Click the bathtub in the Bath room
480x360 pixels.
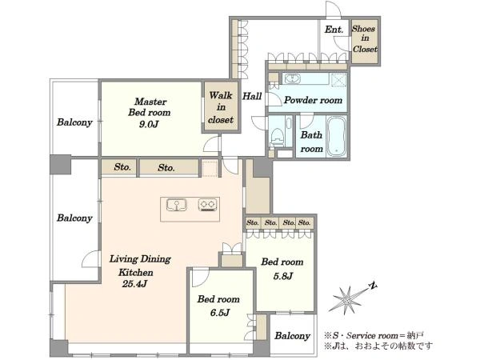coord(337,137)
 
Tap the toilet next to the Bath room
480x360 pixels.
coord(278,136)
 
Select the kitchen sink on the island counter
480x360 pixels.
coord(176,205)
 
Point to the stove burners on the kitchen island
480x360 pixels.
coord(207,205)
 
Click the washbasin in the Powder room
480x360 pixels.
coord(292,78)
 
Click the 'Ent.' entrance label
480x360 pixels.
coord(334,30)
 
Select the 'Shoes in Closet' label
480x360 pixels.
coord(364,39)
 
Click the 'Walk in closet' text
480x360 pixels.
coord(221,107)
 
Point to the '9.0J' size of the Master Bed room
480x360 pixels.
coord(149,124)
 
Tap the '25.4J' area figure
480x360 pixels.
coord(134,284)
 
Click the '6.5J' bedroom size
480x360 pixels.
coord(220,313)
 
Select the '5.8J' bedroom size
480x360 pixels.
coord(283,276)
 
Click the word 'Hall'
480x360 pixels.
coord(252,97)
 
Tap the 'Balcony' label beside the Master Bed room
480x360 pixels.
coord(74,122)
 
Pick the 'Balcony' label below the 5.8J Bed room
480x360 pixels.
coord(292,336)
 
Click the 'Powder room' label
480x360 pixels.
coord(313,100)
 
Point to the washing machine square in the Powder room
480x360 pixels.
coord(338,79)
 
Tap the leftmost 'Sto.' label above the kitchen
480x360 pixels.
coord(122,167)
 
